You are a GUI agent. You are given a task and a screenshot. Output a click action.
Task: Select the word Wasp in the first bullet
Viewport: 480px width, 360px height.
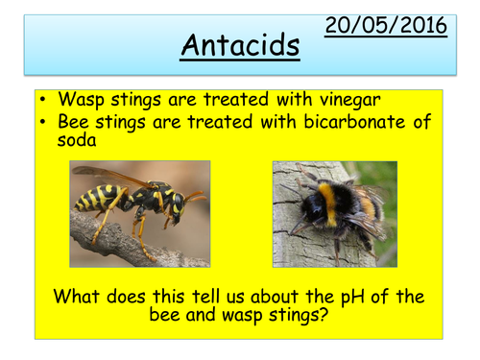pyautogui.click(x=80, y=100)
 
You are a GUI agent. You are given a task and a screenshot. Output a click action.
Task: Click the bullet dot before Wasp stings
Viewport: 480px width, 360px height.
pyautogui.click(x=45, y=100)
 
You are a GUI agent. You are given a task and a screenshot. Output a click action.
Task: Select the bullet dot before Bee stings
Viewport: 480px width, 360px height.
pyautogui.click(x=45, y=121)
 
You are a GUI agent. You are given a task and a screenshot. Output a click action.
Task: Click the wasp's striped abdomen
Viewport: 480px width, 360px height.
pyautogui.click(x=96, y=199)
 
